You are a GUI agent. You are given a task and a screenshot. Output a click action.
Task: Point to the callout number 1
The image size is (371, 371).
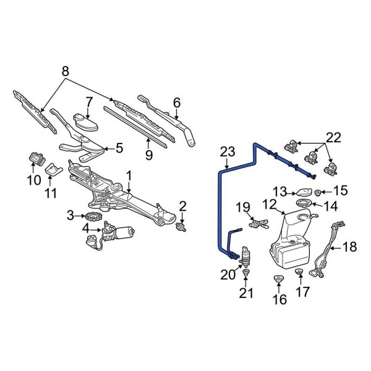[x=129, y=177]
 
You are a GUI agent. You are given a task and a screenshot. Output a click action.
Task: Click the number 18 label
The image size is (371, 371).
[x=349, y=247]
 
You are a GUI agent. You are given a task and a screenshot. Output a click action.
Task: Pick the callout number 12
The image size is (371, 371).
[x=269, y=204]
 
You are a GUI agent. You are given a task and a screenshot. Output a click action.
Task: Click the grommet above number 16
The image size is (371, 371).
[x=278, y=280]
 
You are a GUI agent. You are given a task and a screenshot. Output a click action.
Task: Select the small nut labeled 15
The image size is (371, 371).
[x=318, y=192]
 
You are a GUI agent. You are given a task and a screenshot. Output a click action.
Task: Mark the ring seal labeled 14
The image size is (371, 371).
[x=303, y=204]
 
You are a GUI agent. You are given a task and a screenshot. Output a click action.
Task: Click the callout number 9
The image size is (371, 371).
[x=148, y=155]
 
